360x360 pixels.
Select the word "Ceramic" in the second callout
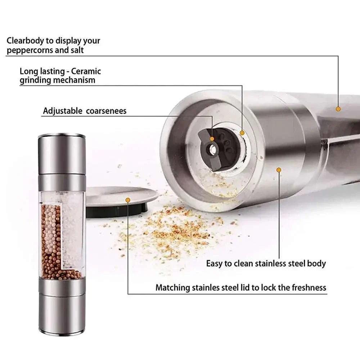[86, 71]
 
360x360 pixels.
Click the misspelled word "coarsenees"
[106, 111]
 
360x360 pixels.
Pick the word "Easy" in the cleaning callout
[214, 263]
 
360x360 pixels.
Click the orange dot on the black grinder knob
[212, 139]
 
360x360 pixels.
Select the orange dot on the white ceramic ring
[242, 133]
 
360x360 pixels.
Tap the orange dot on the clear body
[338, 108]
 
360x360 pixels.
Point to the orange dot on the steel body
[278, 169]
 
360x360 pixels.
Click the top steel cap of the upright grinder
[62, 153]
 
